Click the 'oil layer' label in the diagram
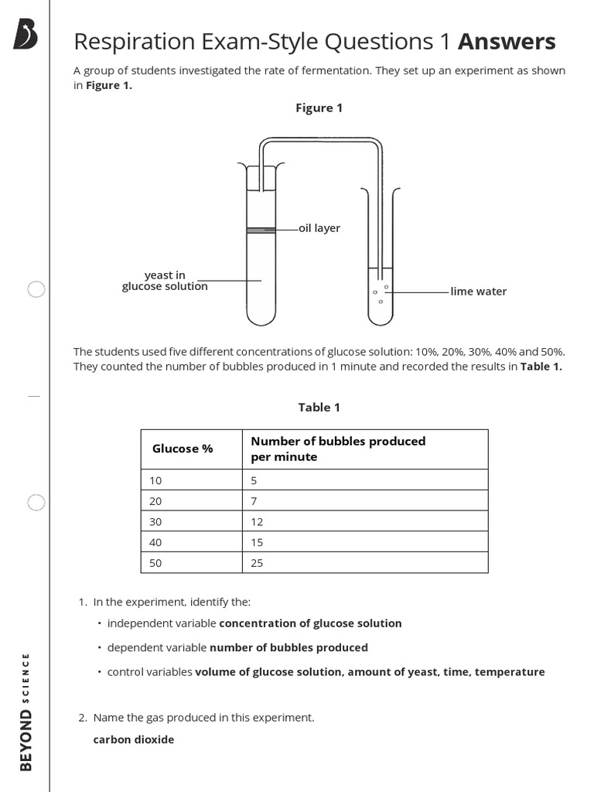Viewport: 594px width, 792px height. coord(319,228)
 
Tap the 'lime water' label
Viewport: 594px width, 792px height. coord(479,292)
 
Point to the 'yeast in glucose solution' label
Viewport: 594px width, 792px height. coord(165,281)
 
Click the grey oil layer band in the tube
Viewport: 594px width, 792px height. coord(261,230)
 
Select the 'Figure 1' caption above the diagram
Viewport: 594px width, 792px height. coord(319,108)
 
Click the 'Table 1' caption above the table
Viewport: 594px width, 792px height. coord(319,407)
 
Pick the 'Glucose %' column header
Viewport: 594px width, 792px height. coord(183,449)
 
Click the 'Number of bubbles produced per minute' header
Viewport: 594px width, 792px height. coord(338,449)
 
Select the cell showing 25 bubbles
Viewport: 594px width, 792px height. coord(258,563)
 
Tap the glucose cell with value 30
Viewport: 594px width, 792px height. coord(156,521)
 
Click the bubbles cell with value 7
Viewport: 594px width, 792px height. coord(254,500)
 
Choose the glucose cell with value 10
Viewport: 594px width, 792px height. coord(156,480)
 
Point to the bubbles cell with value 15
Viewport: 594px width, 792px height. coord(258,542)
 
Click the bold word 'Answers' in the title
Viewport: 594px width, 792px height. coord(507,41)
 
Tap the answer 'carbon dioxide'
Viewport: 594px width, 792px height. coord(134,739)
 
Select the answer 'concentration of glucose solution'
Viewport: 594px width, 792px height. coord(310,623)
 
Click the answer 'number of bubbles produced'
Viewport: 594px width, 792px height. coord(288,647)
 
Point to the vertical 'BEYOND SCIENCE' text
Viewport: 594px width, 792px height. coord(26,712)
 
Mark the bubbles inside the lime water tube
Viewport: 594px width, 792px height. coord(381,294)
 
